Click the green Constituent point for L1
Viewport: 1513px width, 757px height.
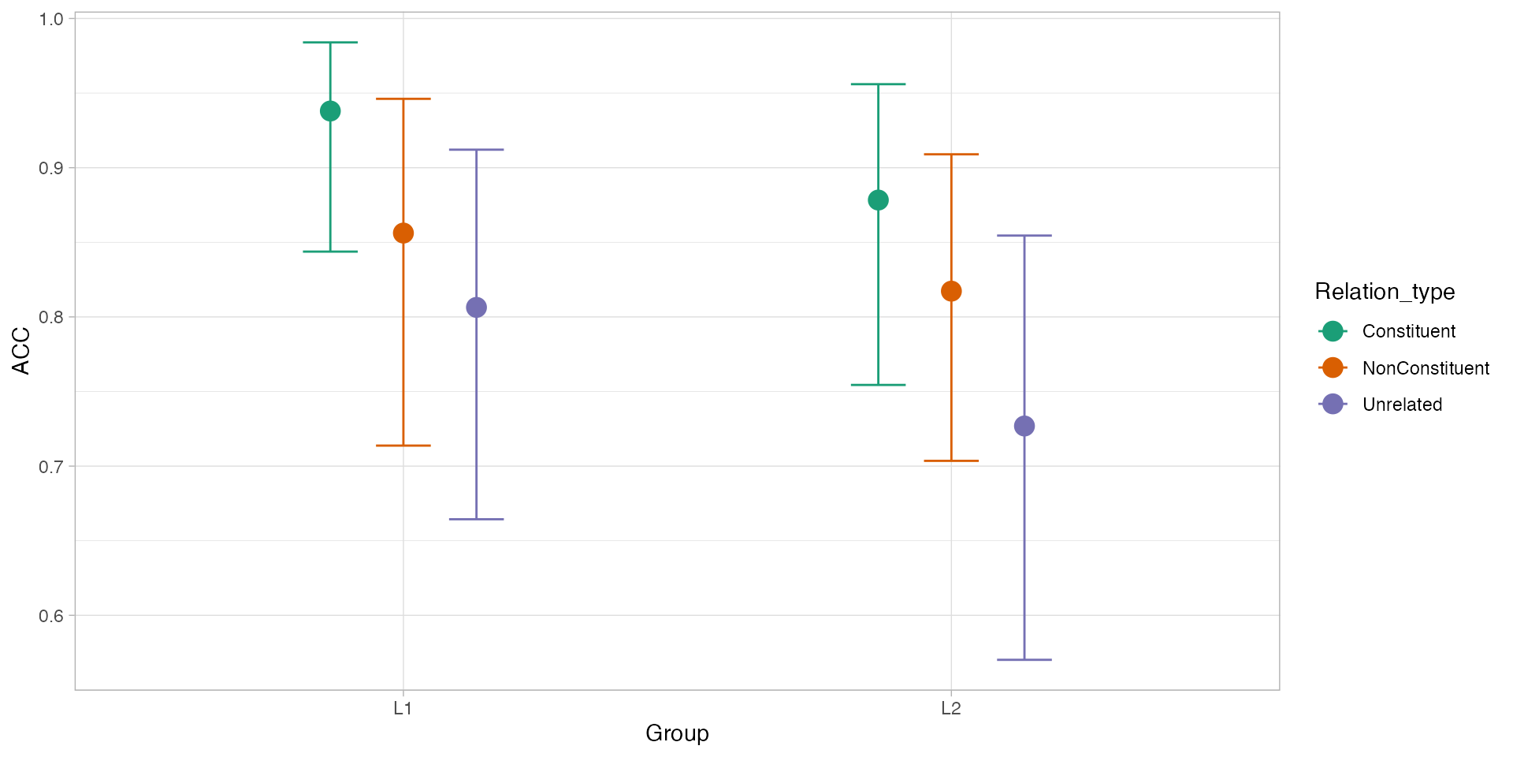pos(330,111)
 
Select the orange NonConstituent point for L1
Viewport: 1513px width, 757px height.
pos(403,233)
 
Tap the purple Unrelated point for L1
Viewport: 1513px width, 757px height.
pos(476,308)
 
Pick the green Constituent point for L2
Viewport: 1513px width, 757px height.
pos(878,200)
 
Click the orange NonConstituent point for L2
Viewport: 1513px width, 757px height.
pos(951,292)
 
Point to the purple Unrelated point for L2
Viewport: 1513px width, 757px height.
pos(1024,426)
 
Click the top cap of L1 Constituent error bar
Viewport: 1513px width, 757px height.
pos(330,43)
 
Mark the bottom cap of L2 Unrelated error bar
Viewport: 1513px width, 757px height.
pos(1024,659)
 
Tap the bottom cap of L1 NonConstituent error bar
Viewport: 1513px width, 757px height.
pos(403,446)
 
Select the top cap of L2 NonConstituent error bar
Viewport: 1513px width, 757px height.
pos(951,155)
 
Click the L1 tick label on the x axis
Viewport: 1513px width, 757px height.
pos(403,709)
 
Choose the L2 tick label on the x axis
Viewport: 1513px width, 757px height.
pos(951,709)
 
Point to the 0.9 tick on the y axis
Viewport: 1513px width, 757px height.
pos(51,168)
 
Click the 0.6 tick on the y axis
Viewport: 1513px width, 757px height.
pos(51,616)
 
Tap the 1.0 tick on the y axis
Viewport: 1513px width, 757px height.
pos(51,19)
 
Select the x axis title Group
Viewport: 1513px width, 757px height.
pos(677,733)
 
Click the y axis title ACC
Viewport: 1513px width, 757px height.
pos(21,352)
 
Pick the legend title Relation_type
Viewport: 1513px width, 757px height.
pos(1385,292)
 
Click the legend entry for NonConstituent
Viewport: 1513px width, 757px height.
pos(1425,368)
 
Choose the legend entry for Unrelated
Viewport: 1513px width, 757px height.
pos(1401,405)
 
